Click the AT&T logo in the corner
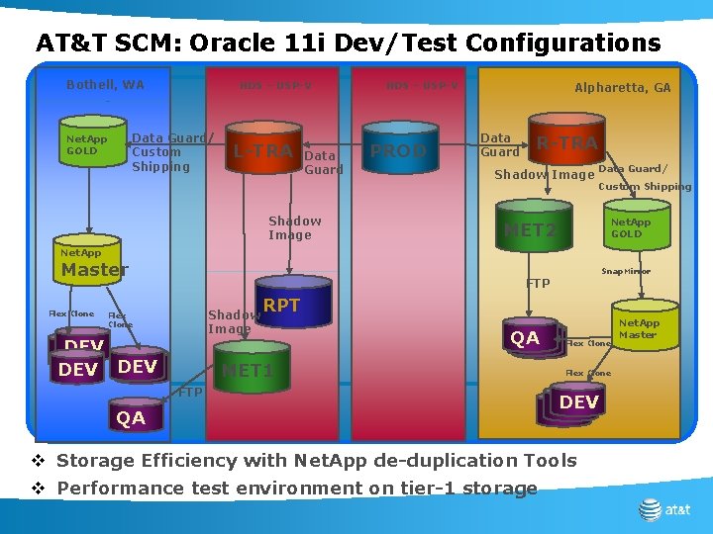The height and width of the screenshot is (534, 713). click(x=664, y=509)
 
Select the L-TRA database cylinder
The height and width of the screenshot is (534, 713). click(x=263, y=150)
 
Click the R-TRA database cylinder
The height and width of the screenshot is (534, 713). click(x=565, y=144)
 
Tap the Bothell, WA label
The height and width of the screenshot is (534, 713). click(x=105, y=85)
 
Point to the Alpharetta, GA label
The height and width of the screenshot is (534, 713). click(x=622, y=88)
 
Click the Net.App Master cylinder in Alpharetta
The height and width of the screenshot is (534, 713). click(x=638, y=329)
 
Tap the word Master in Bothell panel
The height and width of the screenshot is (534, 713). click(x=95, y=270)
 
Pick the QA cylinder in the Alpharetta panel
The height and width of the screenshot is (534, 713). click(x=525, y=338)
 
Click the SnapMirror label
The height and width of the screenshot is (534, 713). click(x=626, y=271)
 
